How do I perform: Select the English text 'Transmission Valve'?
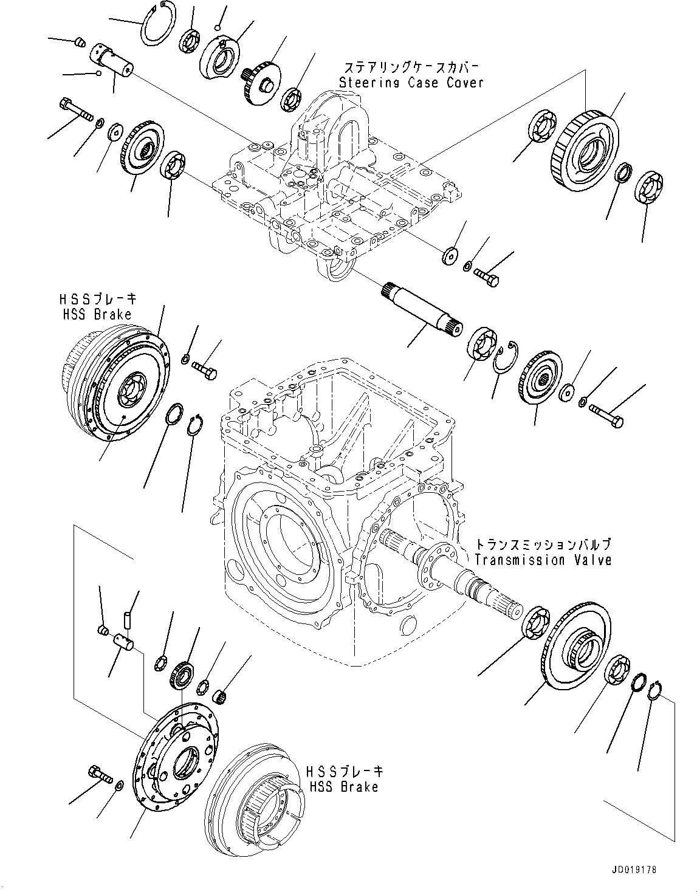tap(543, 560)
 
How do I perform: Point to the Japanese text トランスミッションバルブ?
tap(543, 544)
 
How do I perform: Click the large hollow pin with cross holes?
tap(114, 61)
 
